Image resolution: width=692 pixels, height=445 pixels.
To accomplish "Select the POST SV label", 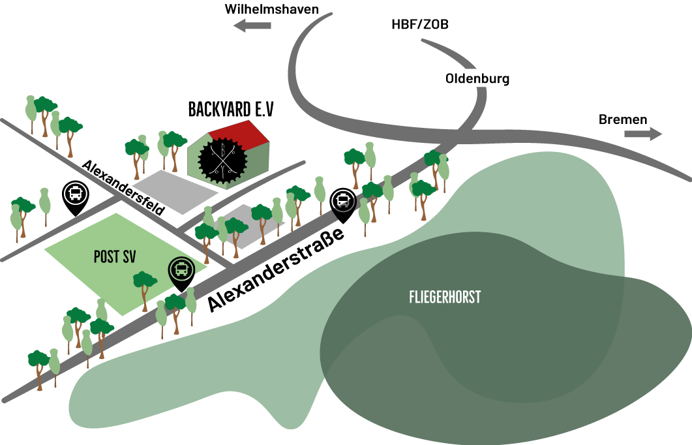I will (115, 256).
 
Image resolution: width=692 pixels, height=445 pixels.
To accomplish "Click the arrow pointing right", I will (643, 134).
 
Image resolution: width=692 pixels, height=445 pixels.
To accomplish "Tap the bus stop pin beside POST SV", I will (181, 269).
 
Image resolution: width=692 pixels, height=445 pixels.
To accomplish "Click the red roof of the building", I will (241, 132).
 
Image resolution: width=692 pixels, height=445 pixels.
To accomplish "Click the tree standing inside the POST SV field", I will (145, 287).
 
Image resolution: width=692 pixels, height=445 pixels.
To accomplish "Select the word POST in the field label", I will (105, 256).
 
